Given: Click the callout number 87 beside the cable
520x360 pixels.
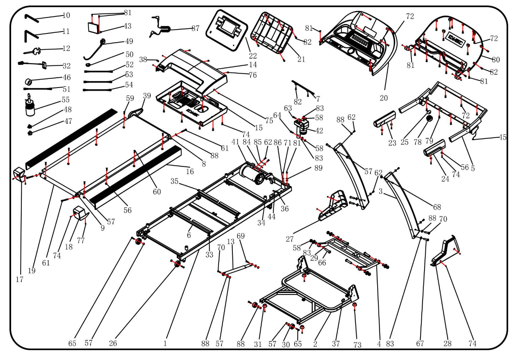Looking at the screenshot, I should (195, 28).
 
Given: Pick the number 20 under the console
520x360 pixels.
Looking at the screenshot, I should (384, 98).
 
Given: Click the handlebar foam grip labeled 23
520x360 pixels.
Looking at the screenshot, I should (385, 119).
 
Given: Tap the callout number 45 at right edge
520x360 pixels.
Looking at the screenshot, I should (502, 138).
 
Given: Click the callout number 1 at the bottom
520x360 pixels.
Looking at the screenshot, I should (165, 343).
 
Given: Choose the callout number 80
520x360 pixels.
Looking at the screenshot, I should (496, 60).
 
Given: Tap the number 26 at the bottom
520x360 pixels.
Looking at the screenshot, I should (113, 343).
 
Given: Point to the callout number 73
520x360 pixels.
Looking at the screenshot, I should (357, 345).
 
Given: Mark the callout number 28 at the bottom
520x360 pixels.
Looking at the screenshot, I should (447, 343).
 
